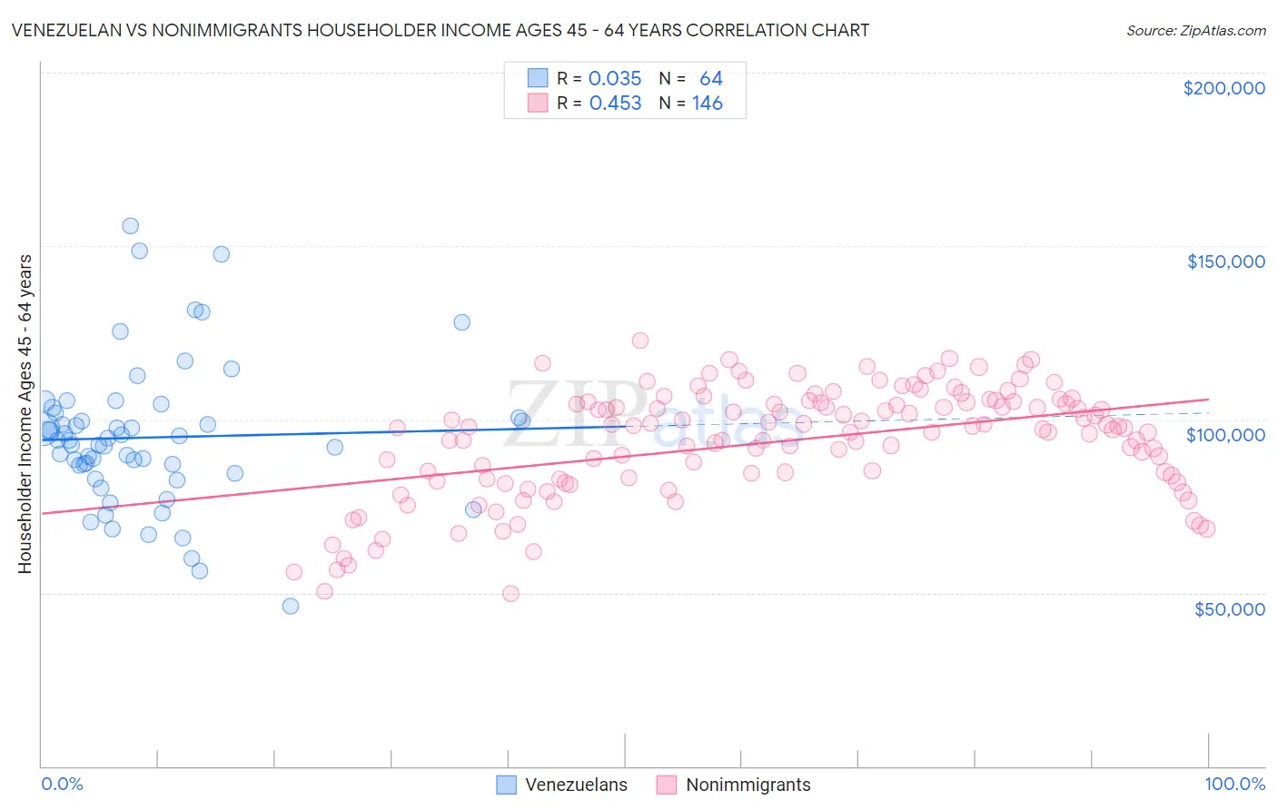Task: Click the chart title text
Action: click(440, 30)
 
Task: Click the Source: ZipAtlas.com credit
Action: click(1195, 30)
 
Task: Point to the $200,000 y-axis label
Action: click(1223, 88)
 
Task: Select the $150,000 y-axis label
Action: click(1225, 262)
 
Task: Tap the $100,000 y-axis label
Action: click(1225, 435)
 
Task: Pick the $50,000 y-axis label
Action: click(1229, 608)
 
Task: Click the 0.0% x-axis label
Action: click(62, 784)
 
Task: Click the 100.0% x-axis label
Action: click(1234, 784)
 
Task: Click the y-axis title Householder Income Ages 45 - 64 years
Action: click(25, 414)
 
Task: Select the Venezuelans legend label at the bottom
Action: click(576, 785)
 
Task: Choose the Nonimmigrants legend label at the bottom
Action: click(747, 785)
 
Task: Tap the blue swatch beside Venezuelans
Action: click(507, 785)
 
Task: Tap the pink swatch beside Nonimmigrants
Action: click(667, 785)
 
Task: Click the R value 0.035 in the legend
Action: click(615, 79)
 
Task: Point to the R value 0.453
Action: click(615, 104)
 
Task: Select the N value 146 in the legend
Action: click(707, 104)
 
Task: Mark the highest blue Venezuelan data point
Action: click(130, 226)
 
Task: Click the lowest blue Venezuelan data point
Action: click(291, 606)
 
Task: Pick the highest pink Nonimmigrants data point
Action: click(639, 341)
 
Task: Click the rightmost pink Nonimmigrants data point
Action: click(1207, 529)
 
